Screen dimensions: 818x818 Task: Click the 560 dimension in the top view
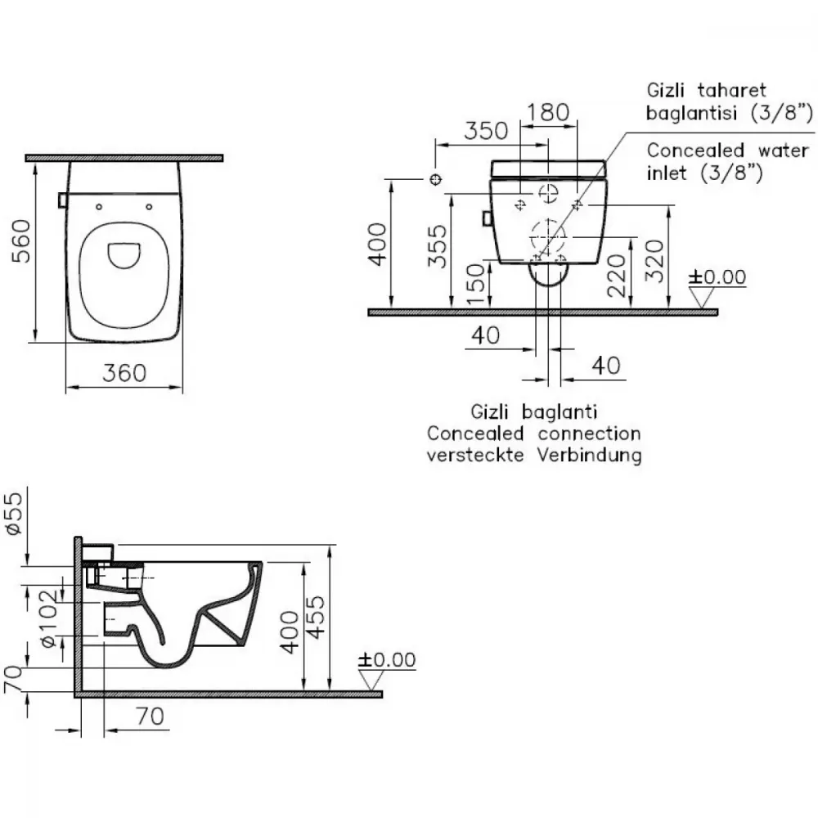[x=21, y=240]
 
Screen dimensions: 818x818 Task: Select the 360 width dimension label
[x=124, y=373]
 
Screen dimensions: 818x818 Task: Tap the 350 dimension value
[x=486, y=131]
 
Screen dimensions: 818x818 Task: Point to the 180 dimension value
[x=548, y=112]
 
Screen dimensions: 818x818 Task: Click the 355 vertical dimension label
[x=437, y=245]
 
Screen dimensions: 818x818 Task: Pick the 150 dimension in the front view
[x=475, y=285]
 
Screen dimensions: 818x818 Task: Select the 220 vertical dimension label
[x=617, y=276]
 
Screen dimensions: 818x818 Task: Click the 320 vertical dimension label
[x=654, y=261]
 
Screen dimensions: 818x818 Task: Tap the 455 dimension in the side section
[x=315, y=617]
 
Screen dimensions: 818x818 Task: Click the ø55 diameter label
[x=14, y=514]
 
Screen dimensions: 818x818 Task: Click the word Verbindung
[x=590, y=455]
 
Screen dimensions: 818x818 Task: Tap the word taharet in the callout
[x=732, y=90]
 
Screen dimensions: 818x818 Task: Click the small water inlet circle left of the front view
[x=436, y=179]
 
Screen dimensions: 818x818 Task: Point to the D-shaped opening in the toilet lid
[x=124, y=255]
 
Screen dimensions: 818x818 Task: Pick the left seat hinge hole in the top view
[x=99, y=207]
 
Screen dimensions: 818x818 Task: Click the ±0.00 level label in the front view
[x=717, y=277]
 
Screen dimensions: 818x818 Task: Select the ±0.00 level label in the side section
[x=387, y=659]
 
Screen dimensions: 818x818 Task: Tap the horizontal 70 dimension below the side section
[x=151, y=716]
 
